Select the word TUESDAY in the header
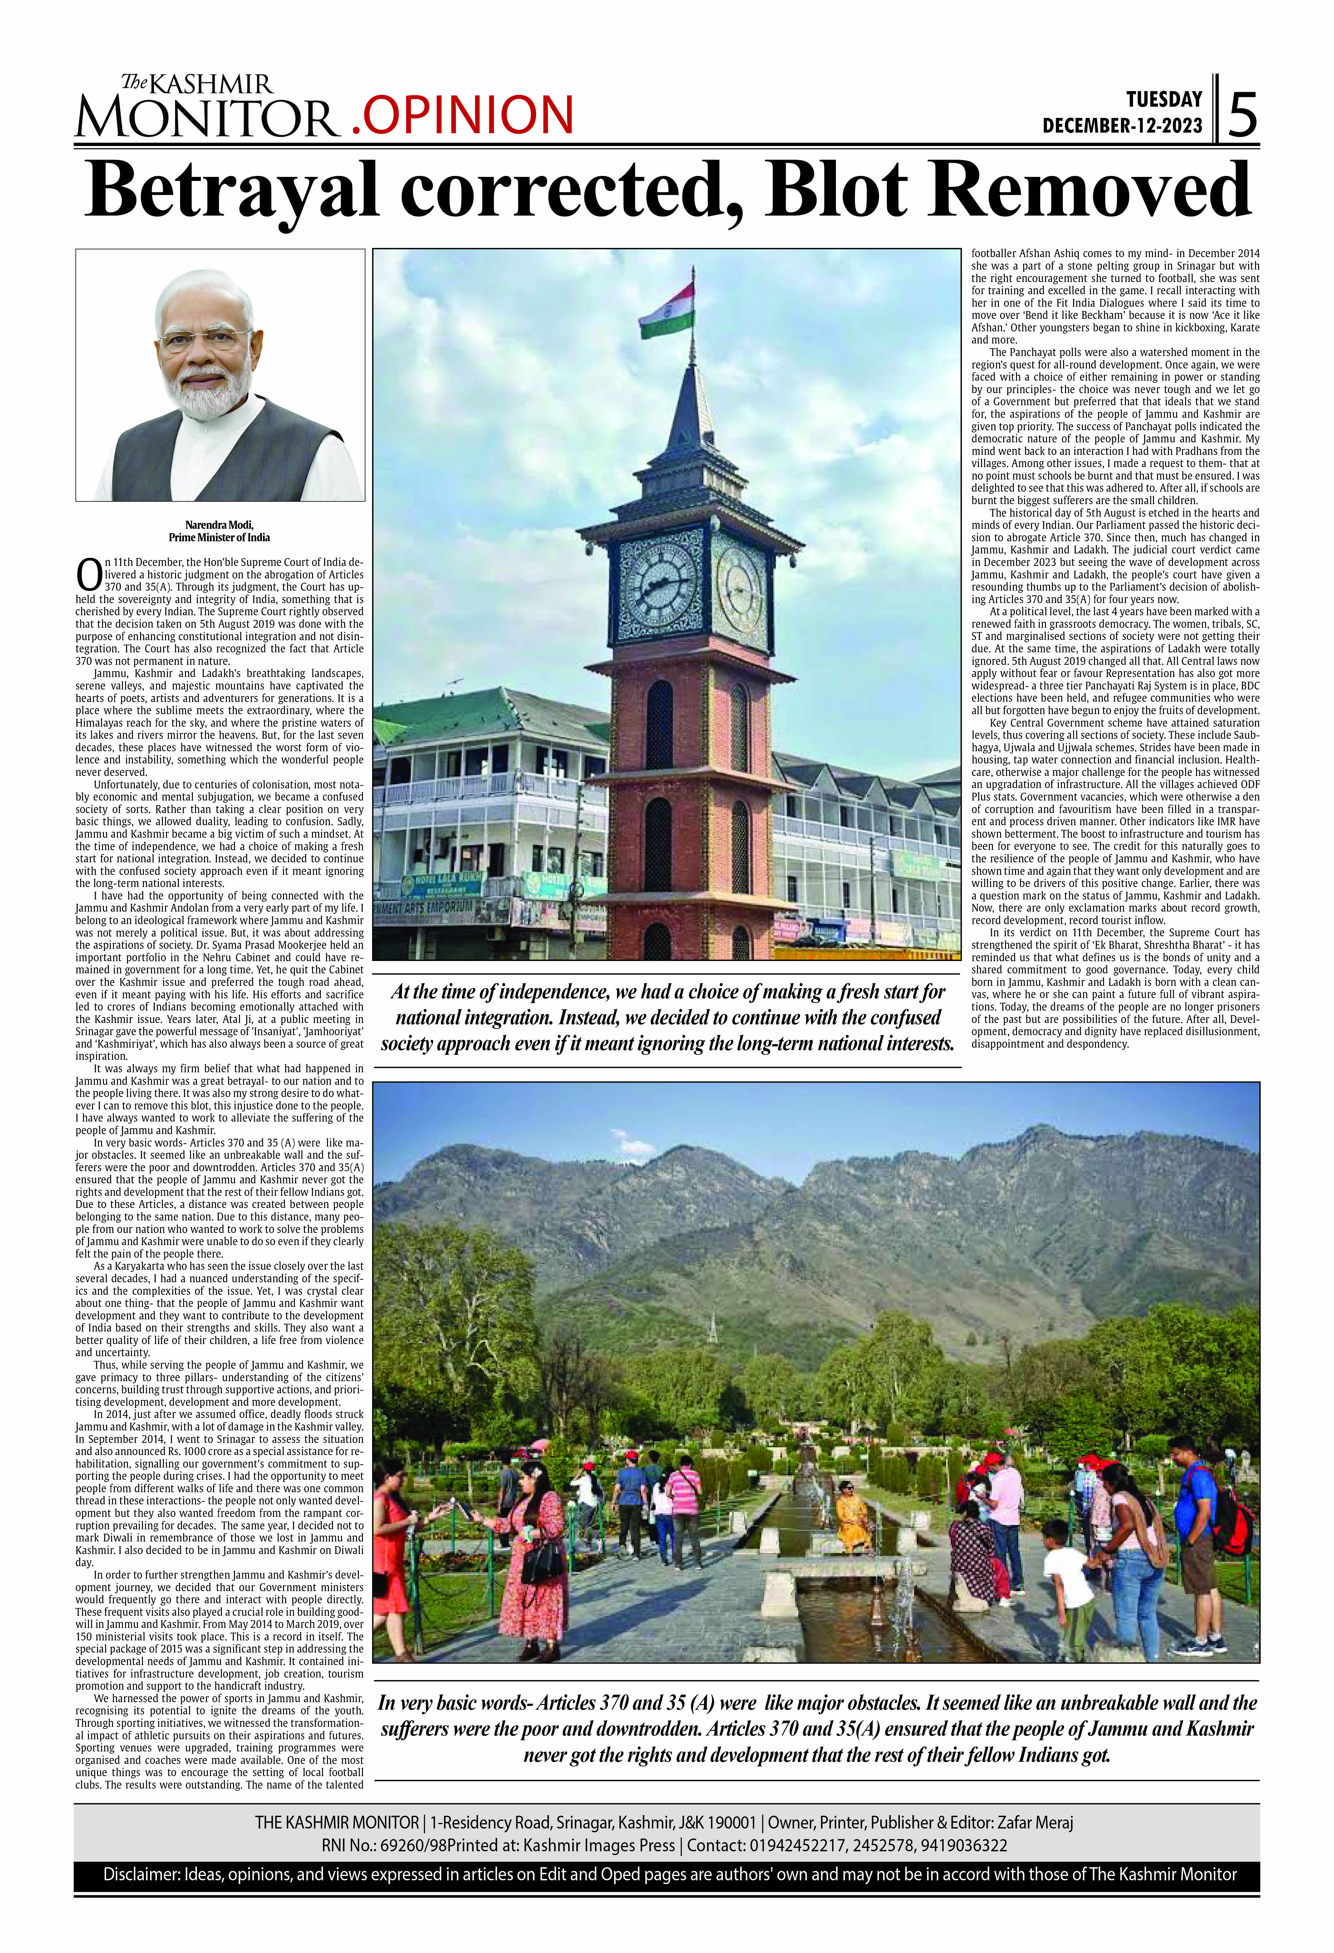point(1164,99)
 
